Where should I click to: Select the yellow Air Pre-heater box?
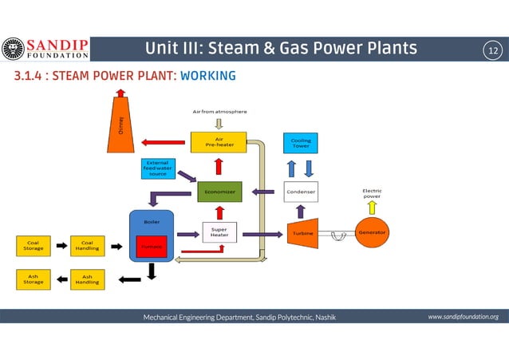[218, 142]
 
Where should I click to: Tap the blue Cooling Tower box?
[301, 143]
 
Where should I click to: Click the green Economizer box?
[219, 192]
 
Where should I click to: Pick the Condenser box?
[301, 192]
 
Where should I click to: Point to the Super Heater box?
[219, 233]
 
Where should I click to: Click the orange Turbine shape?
[301, 233]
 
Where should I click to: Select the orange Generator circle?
[372, 232]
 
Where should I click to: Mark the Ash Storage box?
[34, 279]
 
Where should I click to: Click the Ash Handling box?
[87, 279]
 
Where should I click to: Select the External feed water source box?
[156, 169]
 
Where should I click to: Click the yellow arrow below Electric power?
[372, 207]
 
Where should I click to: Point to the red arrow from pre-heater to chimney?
[163, 143]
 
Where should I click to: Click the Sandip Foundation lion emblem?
[13, 49]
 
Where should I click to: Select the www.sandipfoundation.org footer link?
[463, 317]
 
